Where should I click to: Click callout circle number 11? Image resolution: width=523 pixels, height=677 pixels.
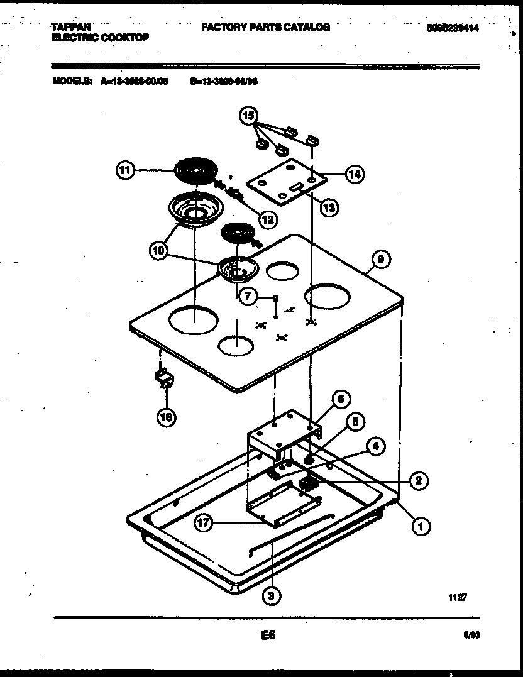point(126,170)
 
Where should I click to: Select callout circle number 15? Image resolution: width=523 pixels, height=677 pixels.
point(249,116)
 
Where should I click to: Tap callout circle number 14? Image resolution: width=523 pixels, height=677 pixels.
point(355,173)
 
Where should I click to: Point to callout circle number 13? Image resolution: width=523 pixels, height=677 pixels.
point(328,206)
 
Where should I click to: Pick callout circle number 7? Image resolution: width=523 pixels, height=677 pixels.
point(249,297)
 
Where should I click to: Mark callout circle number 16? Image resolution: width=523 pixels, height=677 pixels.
point(167,416)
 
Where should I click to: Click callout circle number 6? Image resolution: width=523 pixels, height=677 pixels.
point(340,399)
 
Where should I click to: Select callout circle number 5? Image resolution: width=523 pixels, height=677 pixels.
point(355,422)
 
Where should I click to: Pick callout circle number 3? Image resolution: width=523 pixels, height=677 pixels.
point(270,596)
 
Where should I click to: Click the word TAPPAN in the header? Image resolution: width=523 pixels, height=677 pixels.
point(70,27)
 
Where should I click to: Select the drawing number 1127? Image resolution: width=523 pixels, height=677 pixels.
point(457,599)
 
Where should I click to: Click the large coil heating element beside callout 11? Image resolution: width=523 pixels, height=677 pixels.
point(194,170)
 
